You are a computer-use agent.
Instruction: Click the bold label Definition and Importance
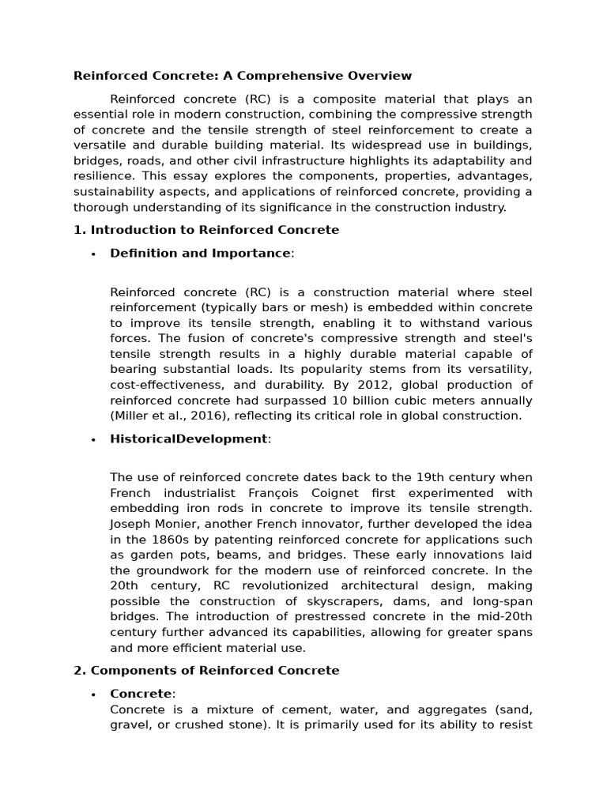pos(200,253)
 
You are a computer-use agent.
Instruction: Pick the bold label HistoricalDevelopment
pos(189,438)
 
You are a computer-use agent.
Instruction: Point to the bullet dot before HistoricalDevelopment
pos(93,439)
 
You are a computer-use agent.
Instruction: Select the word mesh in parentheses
pos(330,307)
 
